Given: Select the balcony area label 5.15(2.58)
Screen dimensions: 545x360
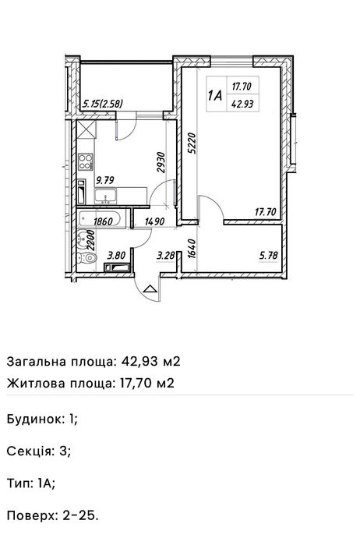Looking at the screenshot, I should click(x=104, y=102).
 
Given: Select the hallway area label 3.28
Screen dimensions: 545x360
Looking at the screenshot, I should click(x=164, y=253).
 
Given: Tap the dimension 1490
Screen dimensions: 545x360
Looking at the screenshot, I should click(x=154, y=221).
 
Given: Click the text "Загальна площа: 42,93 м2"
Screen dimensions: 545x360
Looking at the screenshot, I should click(x=93, y=361).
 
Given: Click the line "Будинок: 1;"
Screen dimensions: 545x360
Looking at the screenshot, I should click(x=42, y=419).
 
